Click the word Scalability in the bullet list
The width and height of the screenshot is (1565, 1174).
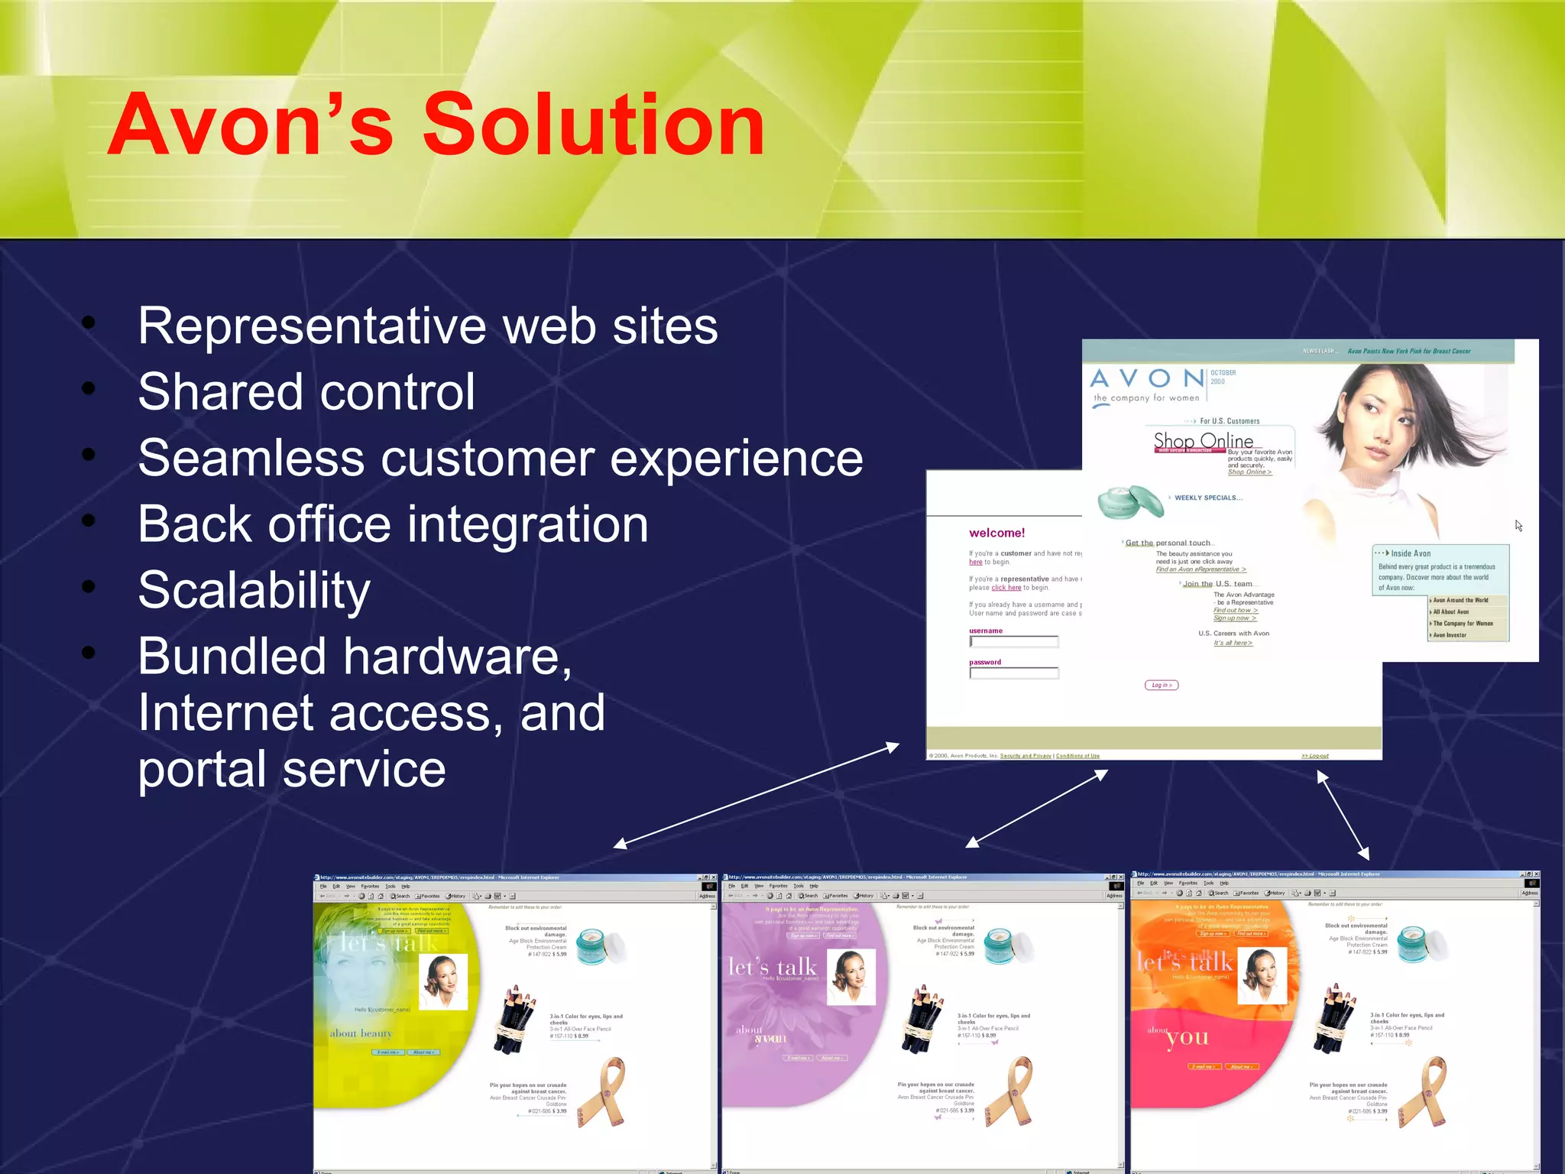pyautogui.click(x=254, y=590)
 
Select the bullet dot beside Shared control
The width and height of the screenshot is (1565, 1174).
pyautogui.click(x=89, y=389)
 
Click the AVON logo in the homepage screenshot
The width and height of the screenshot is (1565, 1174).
pyautogui.click(x=1146, y=379)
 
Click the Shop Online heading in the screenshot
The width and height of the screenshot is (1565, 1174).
pyautogui.click(x=1203, y=441)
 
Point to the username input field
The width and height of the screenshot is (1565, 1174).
pyautogui.click(x=1014, y=642)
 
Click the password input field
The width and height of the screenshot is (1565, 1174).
pyautogui.click(x=1014, y=673)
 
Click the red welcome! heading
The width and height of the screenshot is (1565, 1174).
pyautogui.click(x=996, y=533)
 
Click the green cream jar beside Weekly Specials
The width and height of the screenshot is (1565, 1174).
pyautogui.click(x=1129, y=502)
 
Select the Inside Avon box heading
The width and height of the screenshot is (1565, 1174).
pyautogui.click(x=1410, y=553)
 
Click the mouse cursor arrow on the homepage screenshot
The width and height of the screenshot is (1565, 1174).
pyautogui.click(x=1518, y=525)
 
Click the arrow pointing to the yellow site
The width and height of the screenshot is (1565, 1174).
pyautogui.click(x=757, y=794)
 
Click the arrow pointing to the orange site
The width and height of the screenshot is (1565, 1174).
pyautogui.click(x=1343, y=815)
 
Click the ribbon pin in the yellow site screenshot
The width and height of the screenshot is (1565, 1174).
pyautogui.click(x=605, y=1091)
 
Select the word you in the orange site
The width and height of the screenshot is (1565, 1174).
pyautogui.click(x=1188, y=1037)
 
